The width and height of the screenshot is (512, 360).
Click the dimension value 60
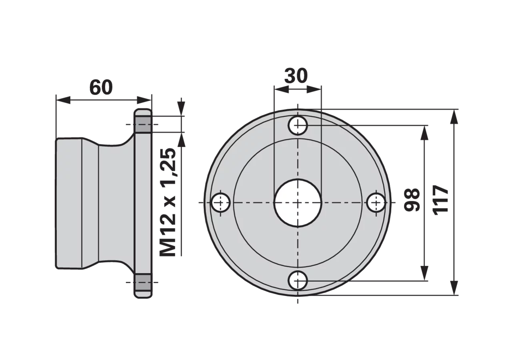pyautogui.click(x=101, y=87)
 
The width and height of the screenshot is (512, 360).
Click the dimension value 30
pyautogui.click(x=296, y=76)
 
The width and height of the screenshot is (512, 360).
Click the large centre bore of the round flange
pyautogui.click(x=298, y=203)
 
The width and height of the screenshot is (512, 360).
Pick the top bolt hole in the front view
pyautogui.click(x=298, y=125)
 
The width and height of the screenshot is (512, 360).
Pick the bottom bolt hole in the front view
pyautogui.click(x=298, y=280)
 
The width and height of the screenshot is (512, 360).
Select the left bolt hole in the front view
pyautogui.click(x=220, y=203)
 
